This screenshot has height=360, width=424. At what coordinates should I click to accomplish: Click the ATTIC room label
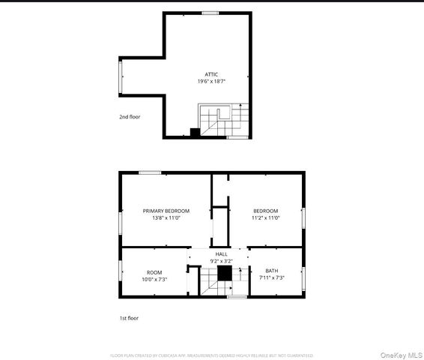pos(212,74)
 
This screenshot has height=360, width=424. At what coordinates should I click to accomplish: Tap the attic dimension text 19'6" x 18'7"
pos(212,81)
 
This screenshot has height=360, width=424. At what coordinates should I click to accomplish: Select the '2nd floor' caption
pos(130,117)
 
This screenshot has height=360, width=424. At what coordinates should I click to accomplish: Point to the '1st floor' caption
pos(129,318)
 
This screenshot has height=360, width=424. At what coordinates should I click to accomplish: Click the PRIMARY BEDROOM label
pos(166,211)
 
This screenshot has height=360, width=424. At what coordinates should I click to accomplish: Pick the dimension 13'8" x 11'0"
pos(166,218)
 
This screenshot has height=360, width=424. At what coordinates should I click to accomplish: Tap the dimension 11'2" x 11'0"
pos(265,218)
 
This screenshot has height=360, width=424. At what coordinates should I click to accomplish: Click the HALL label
pos(222,254)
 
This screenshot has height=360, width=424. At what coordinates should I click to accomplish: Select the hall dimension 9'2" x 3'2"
pos(222,261)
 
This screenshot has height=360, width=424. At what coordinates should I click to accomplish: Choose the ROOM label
pos(154,271)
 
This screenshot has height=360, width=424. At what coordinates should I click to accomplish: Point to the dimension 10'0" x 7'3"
pos(154,279)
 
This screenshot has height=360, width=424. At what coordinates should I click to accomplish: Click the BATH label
pos(270,271)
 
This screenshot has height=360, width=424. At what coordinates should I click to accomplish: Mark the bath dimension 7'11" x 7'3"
pos(270,279)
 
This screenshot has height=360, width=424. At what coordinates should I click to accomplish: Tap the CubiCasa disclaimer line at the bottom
pos(212,355)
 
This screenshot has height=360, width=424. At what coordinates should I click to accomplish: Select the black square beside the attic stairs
pos(195,133)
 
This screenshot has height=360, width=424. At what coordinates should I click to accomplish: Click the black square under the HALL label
pos(222,274)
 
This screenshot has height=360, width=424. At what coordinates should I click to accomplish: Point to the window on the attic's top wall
pos(210,12)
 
